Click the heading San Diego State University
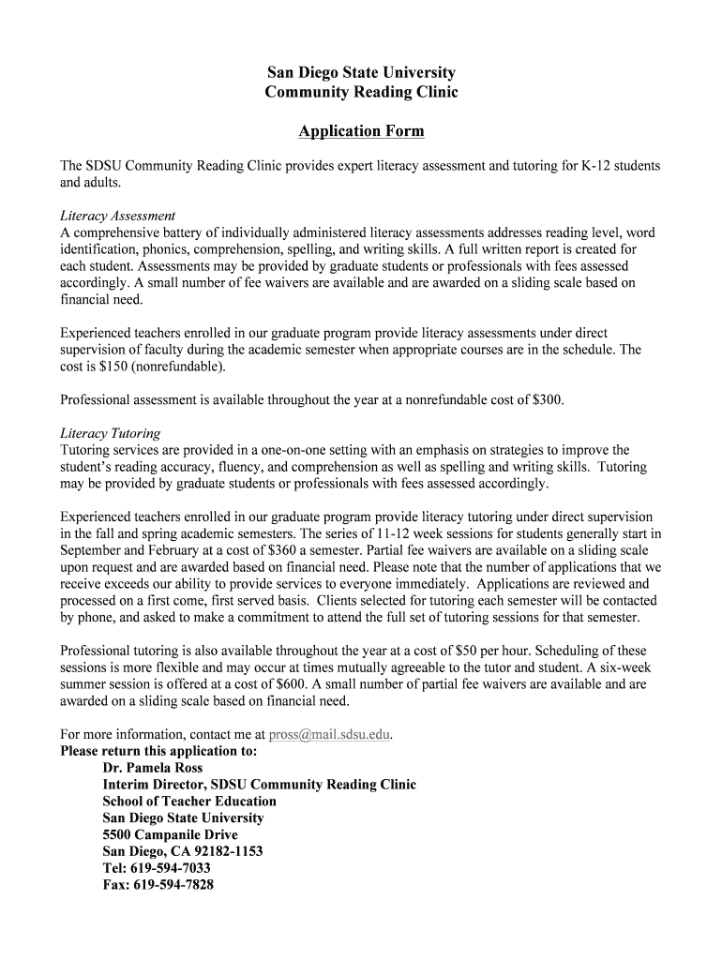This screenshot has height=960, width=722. tap(361, 72)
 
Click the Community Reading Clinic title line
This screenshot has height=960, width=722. tap(361, 92)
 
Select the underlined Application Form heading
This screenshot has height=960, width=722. tap(361, 131)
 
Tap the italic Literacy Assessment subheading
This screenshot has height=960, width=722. tap(117, 216)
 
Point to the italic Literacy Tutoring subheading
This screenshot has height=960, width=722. tap(110, 433)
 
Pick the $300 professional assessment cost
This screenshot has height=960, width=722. tap(547, 400)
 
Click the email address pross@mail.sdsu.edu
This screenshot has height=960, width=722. tap(329, 735)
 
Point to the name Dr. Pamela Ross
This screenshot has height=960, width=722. tap(152, 768)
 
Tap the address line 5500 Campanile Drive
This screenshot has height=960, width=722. tap(170, 834)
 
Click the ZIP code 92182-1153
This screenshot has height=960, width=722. tap(228, 851)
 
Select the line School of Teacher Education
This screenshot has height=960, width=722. tap(189, 802)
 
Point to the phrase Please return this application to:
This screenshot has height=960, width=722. tap(158, 752)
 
